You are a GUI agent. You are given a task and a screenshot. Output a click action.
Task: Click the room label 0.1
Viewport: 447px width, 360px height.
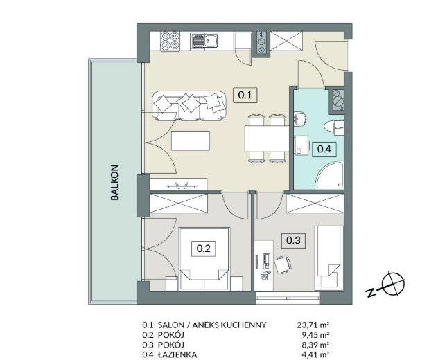pyautogui.click(x=245, y=95)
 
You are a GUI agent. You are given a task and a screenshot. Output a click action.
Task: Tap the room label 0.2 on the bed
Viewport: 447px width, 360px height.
pyautogui.click(x=203, y=249)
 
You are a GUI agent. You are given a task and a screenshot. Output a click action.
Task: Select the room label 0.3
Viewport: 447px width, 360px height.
pyautogui.click(x=293, y=240)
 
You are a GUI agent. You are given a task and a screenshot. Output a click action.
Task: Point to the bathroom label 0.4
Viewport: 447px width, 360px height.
pyautogui.click(x=324, y=149)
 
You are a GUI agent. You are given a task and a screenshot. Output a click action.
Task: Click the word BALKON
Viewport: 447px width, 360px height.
pyautogui.click(x=114, y=183)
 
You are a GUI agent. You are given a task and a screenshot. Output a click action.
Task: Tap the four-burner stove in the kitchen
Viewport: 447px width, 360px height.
pyautogui.click(x=170, y=42)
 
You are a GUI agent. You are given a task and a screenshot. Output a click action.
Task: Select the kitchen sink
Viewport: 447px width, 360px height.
pyautogui.click(x=204, y=41)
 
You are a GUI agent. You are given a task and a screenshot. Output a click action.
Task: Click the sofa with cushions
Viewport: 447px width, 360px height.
pyautogui.click(x=189, y=106)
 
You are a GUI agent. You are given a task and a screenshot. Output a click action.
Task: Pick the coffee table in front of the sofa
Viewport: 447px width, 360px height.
pyautogui.click(x=191, y=141)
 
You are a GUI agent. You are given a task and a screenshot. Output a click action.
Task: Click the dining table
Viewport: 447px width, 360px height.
pyautogui.click(x=267, y=138)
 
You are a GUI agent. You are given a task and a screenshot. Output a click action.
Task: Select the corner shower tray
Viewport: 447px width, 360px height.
pyautogui.click(x=330, y=174)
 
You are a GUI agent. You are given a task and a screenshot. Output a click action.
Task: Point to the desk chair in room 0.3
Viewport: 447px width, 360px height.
pyautogui.click(x=282, y=265)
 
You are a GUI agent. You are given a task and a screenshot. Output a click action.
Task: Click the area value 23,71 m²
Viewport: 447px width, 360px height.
pyautogui.click(x=313, y=325)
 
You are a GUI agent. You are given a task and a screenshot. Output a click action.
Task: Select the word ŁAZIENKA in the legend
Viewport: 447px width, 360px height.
pyautogui.click(x=177, y=355)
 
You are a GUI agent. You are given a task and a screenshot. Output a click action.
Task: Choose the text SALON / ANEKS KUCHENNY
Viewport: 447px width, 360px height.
pyautogui.click(x=212, y=325)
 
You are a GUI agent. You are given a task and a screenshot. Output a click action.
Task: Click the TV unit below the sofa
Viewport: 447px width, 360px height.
pyautogui.click(x=179, y=184)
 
